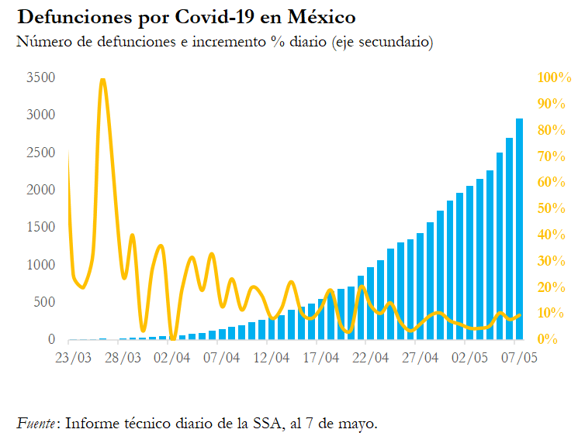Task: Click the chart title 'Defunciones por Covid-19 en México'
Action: click(x=186, y=16)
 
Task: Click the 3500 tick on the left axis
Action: click(x=40, y=77)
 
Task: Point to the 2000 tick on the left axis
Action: click(x=40, y=190)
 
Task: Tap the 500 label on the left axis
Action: click(x=43, y=302)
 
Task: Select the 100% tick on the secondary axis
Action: click(x=554, y=77)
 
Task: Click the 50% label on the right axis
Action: click(x=553, y=208)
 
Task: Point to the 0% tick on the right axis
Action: click(x=549, y=339)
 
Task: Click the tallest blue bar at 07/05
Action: click(x=519, y=232)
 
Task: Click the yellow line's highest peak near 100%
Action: click(x=102, y=80)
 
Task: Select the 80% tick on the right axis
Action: click(x=553, y=130)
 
